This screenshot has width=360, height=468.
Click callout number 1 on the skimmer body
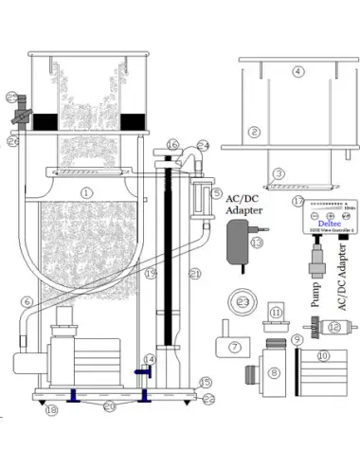pyautogui.click(x=86, y=192)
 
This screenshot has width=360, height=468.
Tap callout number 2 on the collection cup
pyautogui.click(x=255, y=132)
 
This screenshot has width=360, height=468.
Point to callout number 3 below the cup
pyautogui.click(x=279, y=173)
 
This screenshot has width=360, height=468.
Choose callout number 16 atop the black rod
pyautogui.click(x=171, y=145)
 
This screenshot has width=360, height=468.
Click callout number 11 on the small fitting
pyautogui.click(x=277, y=312)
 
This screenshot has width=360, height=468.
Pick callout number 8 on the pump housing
pyautogui.click(x=275, y=373)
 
